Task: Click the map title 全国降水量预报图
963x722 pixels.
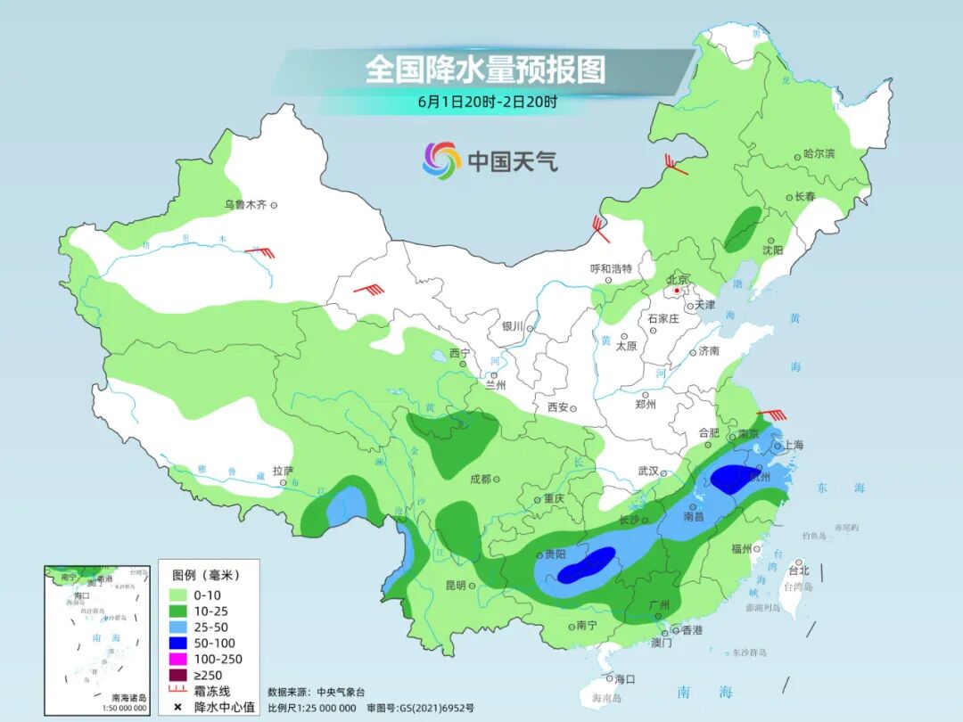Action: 485,69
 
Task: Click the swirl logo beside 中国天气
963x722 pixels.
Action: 441,160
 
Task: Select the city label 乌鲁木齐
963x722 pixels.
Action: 245,205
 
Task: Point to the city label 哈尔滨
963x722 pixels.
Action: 819,153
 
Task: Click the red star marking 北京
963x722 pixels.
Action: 678,291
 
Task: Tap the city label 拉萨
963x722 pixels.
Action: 283,471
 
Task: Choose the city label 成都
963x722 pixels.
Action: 481,479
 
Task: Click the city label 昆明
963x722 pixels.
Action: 455,586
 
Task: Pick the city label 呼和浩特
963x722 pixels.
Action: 611,267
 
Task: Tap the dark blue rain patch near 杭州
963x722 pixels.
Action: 733,480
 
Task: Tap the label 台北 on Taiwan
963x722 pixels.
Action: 799,570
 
